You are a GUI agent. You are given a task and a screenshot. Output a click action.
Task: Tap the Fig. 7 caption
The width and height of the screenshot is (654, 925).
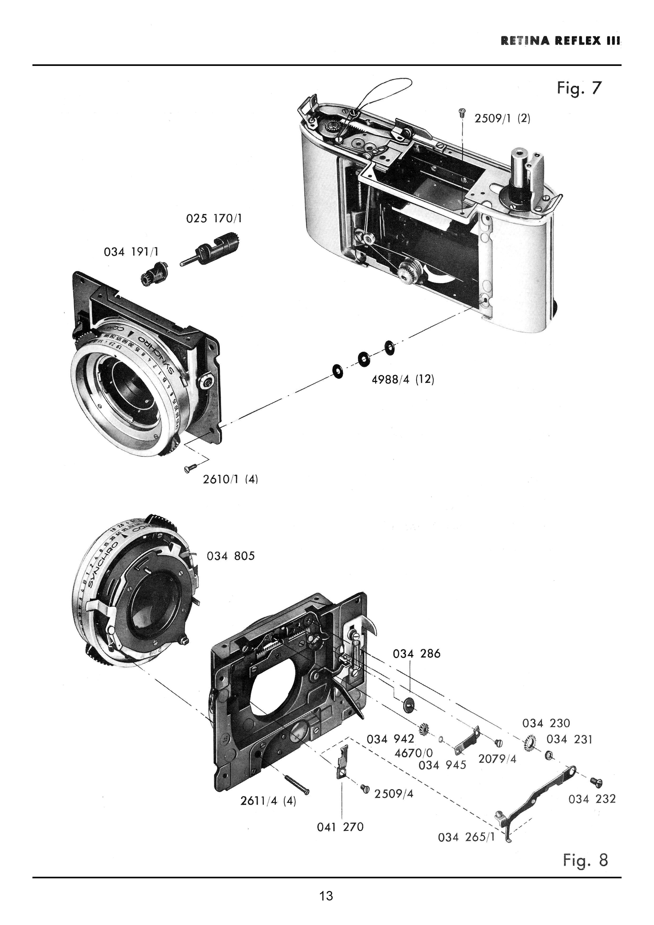click(x=579, y=88)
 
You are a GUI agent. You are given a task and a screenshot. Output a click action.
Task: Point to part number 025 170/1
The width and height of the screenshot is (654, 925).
click(x=214, y=219)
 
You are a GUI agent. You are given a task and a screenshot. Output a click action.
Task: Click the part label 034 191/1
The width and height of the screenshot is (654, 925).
click(x=131, y=252)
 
